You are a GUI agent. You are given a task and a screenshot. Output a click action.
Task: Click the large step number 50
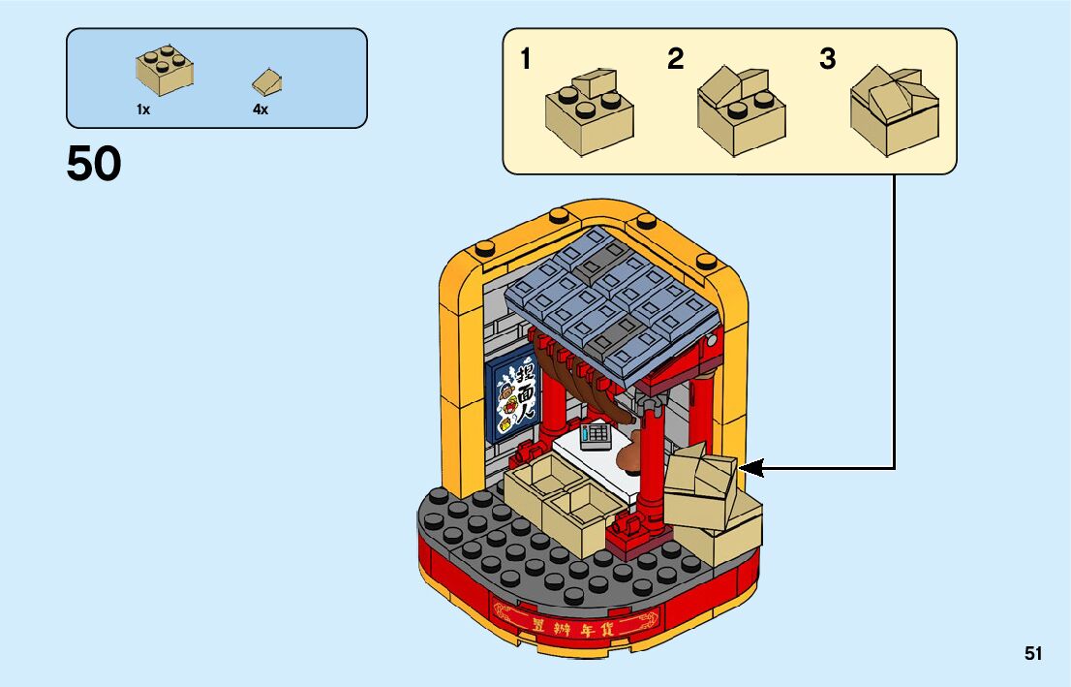tap(94, 164)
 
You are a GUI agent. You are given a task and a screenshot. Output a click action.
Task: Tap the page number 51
tap(1033, 654)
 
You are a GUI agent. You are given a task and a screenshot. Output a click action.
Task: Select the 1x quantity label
tap(143, 110)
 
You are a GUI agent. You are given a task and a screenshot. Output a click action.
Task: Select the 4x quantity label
tap(260, 110)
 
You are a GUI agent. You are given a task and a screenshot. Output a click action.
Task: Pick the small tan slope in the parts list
tap(268, 81)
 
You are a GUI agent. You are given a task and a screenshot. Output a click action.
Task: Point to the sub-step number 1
tap(525, 60)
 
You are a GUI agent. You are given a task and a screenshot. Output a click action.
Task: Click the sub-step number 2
tap(675, 60)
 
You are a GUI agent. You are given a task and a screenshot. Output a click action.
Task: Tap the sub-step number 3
tap(827, 60)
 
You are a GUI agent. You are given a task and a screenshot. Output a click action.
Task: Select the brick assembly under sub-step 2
tap(741, 111)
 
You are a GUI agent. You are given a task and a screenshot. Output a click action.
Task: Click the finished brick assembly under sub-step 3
tap(894, 111)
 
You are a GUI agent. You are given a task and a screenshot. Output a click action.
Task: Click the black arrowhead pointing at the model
tap(752, 469)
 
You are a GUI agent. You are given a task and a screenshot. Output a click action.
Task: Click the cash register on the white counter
tap(595, 436)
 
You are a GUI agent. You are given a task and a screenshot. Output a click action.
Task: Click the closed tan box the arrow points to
tap(699, 482)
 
